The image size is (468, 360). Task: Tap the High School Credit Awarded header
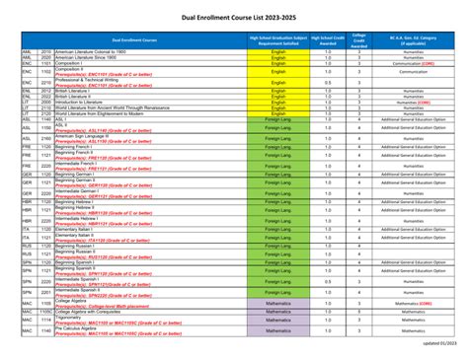[x=328, y=39]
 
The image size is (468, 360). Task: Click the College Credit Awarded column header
[x=359, y=39]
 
